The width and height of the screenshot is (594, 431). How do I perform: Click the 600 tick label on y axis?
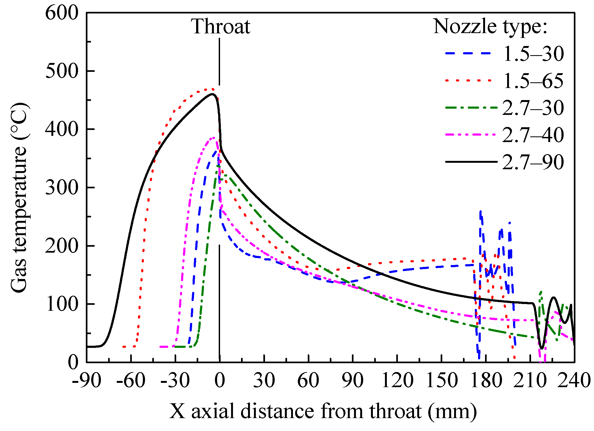point(62,13)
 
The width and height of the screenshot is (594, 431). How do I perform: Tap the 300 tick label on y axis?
point(62,188)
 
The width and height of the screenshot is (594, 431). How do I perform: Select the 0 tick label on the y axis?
point(73,362)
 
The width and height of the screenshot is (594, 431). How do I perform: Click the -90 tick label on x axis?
point(86,381)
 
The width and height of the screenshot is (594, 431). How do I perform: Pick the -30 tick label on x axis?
point(175,381)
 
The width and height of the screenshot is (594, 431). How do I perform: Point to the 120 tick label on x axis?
point(397,381)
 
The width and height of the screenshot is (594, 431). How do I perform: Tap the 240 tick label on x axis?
point(574,381)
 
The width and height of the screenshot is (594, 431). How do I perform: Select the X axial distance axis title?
point(323,411)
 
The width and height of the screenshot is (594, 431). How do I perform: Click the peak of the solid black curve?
point(213,94)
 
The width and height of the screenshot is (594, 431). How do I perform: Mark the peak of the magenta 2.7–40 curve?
point(214,137)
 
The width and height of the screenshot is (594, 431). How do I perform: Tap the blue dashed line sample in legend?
point(468,53)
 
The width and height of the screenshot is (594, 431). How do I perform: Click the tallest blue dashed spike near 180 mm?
point(480,212)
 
